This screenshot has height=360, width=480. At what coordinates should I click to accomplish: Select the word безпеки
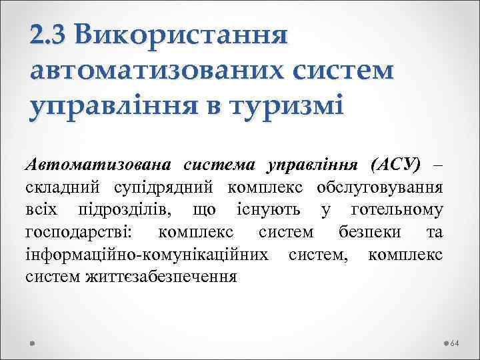click(x=363, y=232)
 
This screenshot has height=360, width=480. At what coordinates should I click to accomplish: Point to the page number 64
click(x=456, y=343)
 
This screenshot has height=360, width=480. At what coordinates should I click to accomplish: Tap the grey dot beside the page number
click(x=445, y=343)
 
